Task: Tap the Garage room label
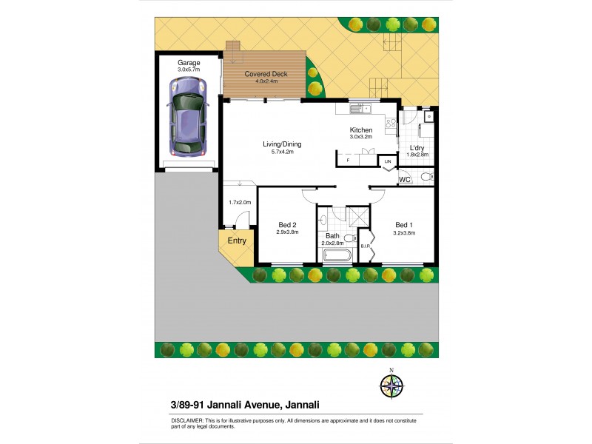pos(189,63)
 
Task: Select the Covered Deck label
pos(266,74)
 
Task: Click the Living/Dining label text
pos(283,144)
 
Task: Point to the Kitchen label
pos(361,130)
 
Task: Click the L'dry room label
pos(417,148)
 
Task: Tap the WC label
pos(405,180)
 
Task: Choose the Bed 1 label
pos(404,225)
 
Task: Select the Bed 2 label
pos(287,225)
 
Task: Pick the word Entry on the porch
pos(237,240)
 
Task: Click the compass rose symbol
pos(392,385)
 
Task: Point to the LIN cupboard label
pos(387,161)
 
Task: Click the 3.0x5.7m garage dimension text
pos(189,70)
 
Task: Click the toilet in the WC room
pos(425,178)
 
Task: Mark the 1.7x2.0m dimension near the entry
pos(240,202)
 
